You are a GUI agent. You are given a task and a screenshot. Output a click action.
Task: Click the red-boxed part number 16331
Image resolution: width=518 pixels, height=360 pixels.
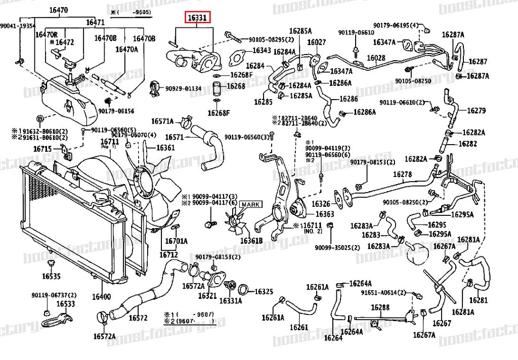[197, 19]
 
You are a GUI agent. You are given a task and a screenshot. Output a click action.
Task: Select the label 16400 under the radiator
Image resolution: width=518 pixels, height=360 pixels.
[101, 297]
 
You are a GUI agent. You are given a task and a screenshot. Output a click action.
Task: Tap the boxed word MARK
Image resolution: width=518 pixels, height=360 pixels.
[249, 204]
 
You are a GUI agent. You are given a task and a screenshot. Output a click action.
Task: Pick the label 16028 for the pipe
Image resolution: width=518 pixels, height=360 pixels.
[376, 58]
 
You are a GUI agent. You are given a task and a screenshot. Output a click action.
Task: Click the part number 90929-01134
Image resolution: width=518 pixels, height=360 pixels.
[184, 89]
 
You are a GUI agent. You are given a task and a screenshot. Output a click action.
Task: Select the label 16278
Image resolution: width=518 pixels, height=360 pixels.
[403, 174]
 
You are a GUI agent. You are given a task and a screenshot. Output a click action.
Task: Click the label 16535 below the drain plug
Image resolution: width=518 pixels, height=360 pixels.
[51, 277]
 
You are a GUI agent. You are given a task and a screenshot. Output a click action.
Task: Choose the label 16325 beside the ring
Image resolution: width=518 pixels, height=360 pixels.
[264, 292]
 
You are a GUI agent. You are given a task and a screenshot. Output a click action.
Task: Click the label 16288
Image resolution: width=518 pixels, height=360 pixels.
[380, 307]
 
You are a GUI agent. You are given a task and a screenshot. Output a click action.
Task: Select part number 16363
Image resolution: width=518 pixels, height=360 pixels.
[325, 214]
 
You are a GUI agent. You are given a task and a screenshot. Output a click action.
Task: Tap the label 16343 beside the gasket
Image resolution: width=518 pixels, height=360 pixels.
[262, 51]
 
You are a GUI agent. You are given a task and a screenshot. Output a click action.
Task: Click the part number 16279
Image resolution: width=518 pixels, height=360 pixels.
[476, 110]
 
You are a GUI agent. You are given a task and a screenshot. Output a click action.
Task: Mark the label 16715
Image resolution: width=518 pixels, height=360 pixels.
[42, 149]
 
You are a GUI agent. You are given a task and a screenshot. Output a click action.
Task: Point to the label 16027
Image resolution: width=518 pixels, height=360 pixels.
[316, 42]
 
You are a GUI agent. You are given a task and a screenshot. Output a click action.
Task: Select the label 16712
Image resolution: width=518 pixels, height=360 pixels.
[170, 254]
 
